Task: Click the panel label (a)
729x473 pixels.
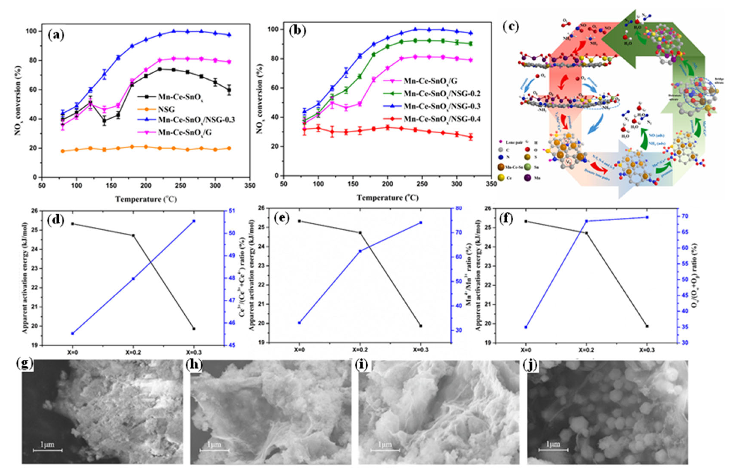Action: [56, 36]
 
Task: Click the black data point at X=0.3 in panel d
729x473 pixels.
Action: [194, 329]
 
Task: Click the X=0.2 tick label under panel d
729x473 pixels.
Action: [133, 352]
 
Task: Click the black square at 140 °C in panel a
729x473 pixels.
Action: [105, 121]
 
